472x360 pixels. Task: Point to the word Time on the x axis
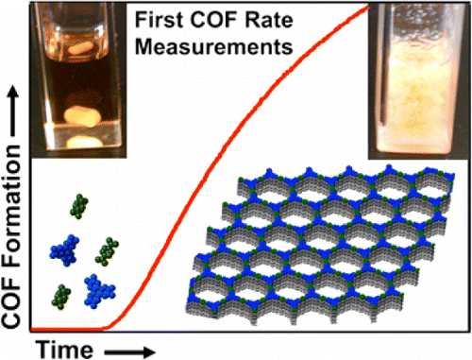click(x=68, y=348)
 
